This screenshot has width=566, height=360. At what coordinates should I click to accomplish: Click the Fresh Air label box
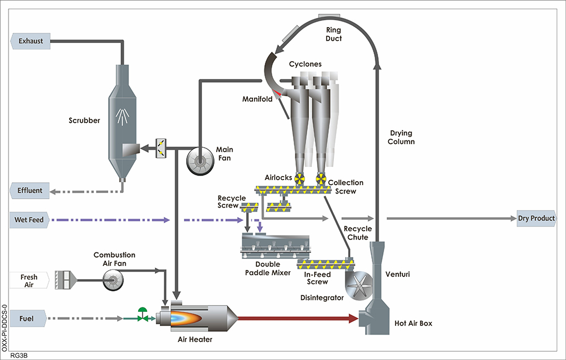[29, 281]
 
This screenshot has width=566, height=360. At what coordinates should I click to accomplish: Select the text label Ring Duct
[335, 34]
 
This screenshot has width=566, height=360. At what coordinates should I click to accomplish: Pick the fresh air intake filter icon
[62, 280]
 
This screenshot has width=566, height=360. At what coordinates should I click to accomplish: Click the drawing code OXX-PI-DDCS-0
[5, 328]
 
